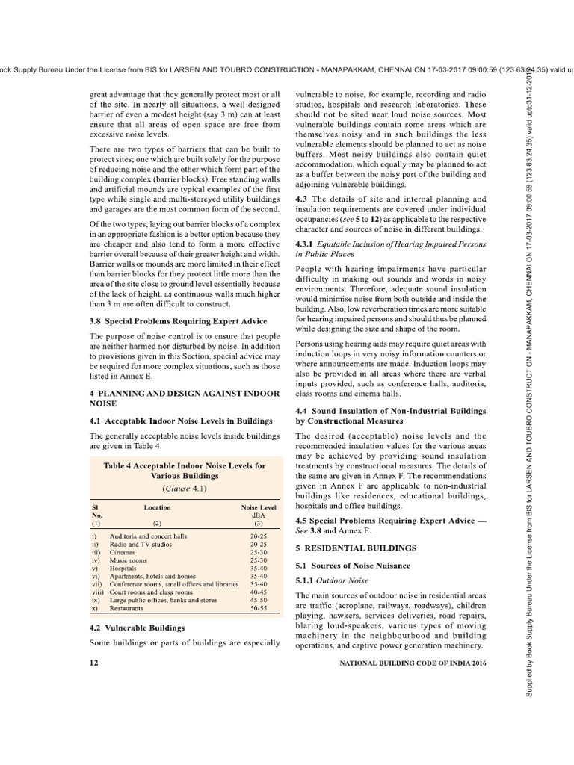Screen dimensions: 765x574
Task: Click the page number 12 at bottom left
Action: (x=93, y=663)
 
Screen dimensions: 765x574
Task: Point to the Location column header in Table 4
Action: (x=157, y=507)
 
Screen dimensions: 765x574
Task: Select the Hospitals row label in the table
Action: (x=124, y=569)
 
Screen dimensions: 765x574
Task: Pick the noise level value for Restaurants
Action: (x=259, y=608)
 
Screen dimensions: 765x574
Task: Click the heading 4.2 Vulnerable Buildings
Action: (x=138, y=627)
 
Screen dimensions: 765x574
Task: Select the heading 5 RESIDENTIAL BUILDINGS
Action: (x=343, y=547)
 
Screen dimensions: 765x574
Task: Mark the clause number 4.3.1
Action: (x=308, y=244)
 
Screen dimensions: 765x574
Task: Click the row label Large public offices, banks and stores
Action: (x=163, y=600)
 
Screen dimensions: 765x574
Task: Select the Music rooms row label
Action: (x=127, y=560)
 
